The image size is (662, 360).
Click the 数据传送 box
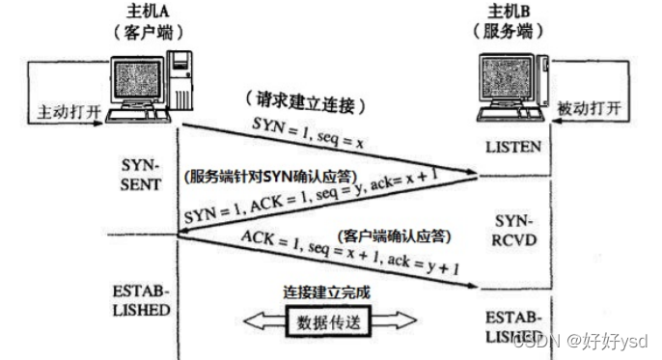point(330,321)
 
